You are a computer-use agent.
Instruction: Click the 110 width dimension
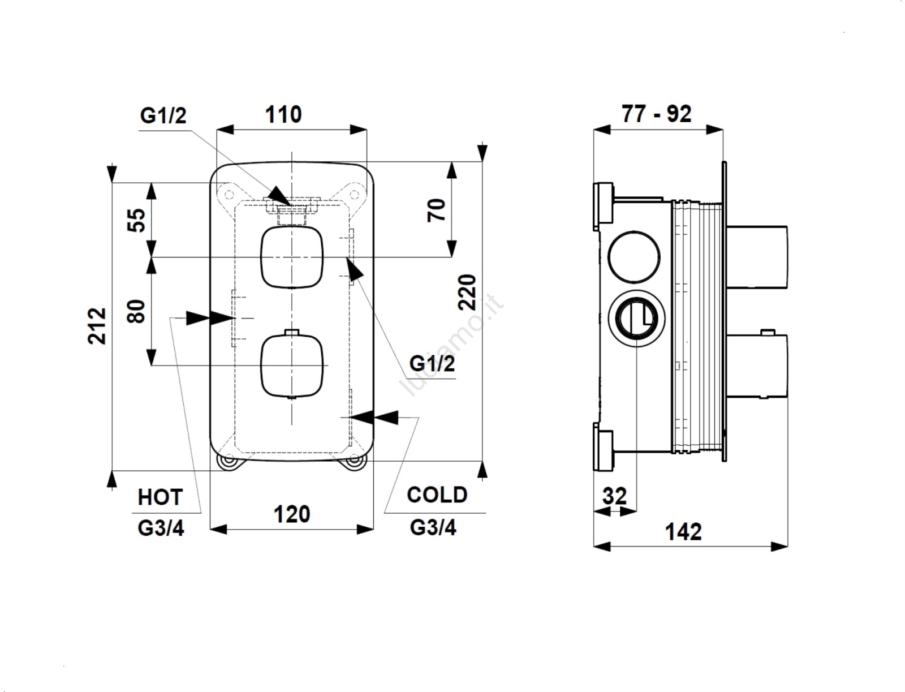283,115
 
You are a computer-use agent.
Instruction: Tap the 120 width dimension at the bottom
292,515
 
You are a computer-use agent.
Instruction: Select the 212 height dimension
98,325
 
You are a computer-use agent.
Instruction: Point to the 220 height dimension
467,292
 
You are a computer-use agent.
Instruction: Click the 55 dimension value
137,220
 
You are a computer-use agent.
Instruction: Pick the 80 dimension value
137,311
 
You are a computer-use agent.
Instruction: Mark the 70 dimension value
438,210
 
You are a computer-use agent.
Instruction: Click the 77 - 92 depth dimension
656,114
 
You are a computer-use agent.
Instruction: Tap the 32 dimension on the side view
614,496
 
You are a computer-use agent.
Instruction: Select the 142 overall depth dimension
683,532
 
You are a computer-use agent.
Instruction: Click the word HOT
160,497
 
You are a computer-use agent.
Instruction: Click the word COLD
437,495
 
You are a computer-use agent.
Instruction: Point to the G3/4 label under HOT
161,528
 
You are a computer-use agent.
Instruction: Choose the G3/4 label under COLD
433,527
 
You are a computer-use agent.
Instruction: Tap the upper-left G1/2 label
163,116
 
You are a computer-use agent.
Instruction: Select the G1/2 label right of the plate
432,363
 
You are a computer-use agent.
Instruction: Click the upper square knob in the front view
292,257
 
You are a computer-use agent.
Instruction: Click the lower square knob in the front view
292,365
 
